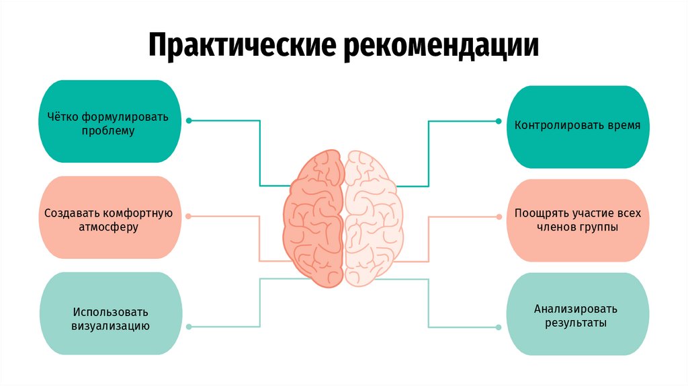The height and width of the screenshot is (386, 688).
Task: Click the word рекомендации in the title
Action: click(442, 45)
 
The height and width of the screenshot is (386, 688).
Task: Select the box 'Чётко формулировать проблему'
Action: click(109, 122)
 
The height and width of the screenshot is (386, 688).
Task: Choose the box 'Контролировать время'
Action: click(577, 126)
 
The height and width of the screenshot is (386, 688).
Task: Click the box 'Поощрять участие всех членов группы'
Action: click(577, 220)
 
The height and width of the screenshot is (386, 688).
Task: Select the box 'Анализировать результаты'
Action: click(577, 314)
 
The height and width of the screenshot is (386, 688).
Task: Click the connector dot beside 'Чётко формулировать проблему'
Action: click(189, 121)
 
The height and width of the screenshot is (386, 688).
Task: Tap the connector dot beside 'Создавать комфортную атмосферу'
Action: click(189, 217)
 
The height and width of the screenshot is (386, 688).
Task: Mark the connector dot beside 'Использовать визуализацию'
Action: click(189, 327)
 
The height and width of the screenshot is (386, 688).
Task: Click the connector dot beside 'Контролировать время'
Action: click(498, 121)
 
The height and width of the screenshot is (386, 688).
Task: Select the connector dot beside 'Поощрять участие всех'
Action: click(498, 217)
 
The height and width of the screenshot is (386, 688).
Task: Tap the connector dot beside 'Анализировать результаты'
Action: click(498, 327)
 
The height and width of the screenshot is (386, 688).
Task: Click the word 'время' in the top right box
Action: click(621, 126)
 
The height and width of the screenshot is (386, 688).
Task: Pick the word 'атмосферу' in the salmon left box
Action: click(109, 227)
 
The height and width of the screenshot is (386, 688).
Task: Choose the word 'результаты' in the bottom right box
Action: click(577, 323)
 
